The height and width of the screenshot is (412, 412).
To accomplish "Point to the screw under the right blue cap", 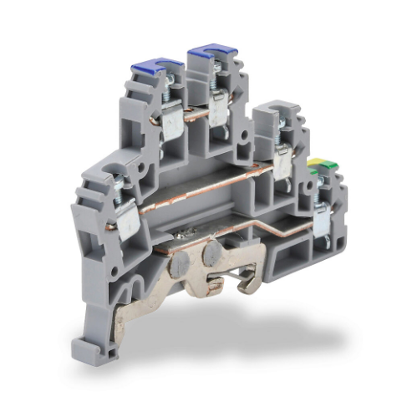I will (218, 80).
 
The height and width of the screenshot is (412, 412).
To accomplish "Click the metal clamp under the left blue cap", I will (172, 123).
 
